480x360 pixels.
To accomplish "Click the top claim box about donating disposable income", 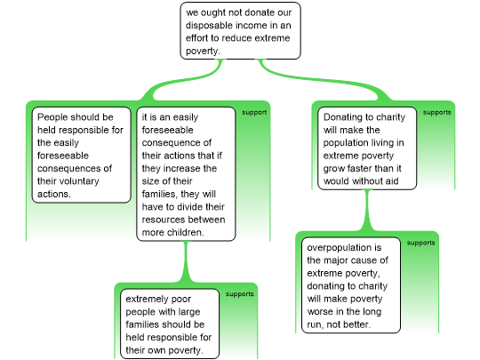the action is (240, 31).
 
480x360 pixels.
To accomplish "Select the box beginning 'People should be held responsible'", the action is (82, 155).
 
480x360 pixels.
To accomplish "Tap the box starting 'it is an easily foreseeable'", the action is (186, 174).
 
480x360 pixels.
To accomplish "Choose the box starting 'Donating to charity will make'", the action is (367, 148).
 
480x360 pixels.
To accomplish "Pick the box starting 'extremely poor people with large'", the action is (170, 324).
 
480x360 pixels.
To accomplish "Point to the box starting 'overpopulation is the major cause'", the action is (351, 285).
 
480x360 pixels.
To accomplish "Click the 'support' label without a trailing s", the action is (254, 113).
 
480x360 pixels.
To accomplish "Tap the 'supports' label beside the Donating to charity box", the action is (437, 113).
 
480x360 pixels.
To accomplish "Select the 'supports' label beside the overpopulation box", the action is (421, 243).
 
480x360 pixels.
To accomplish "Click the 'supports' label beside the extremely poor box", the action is (240, 294).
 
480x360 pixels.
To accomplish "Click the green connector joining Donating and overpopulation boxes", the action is (367, 211).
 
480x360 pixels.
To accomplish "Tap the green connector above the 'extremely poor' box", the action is (186, 261).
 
